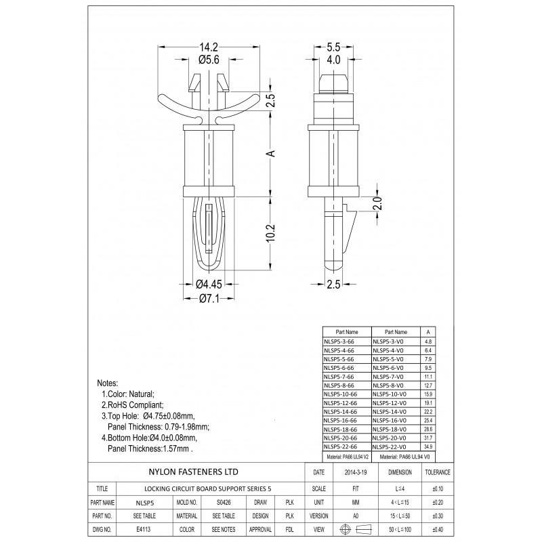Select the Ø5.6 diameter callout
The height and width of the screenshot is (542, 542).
point(207,60)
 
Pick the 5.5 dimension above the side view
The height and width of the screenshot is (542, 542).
point(333,47)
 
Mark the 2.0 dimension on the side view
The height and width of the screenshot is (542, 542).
point(379,201)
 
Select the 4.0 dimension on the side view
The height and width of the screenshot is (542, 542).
point(333,60)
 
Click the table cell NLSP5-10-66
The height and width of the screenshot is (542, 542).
point(347,394)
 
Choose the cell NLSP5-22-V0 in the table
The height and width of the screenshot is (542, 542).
point(396,446)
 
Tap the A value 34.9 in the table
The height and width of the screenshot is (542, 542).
point(427,446)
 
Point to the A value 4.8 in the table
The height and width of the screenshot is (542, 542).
point(427,341)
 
